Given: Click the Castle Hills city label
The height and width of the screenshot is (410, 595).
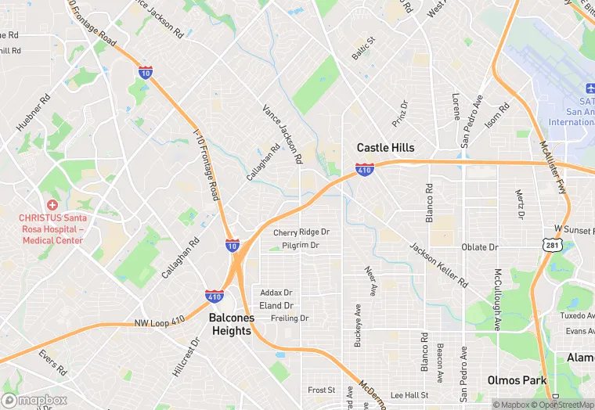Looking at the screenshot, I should coord(385,147).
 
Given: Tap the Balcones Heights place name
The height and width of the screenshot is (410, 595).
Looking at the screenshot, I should coord(230,325).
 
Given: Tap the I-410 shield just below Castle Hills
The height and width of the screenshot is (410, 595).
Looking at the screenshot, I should coord(364,169).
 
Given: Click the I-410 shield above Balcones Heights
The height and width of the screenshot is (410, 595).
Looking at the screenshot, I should coord(214,297).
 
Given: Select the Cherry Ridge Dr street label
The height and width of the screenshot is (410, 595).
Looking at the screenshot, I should coord(301,232).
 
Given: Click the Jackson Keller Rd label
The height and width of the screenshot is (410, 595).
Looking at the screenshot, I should coord(438,264).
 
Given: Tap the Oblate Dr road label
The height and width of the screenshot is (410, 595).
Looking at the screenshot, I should coord(479,247).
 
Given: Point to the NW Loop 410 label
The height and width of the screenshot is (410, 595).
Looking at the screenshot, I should coord(160,322).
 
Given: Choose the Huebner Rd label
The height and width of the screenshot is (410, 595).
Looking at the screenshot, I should coord(33,112).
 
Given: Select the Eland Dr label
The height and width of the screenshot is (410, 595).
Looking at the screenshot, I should coord(276,305).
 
